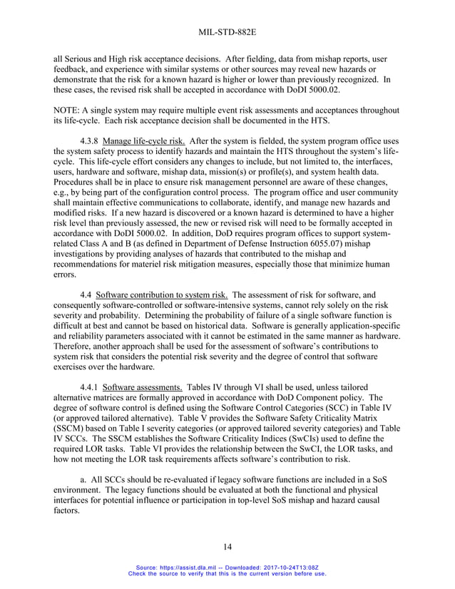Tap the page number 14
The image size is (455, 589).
click(227, 547)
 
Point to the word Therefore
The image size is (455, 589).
click(77, 345)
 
